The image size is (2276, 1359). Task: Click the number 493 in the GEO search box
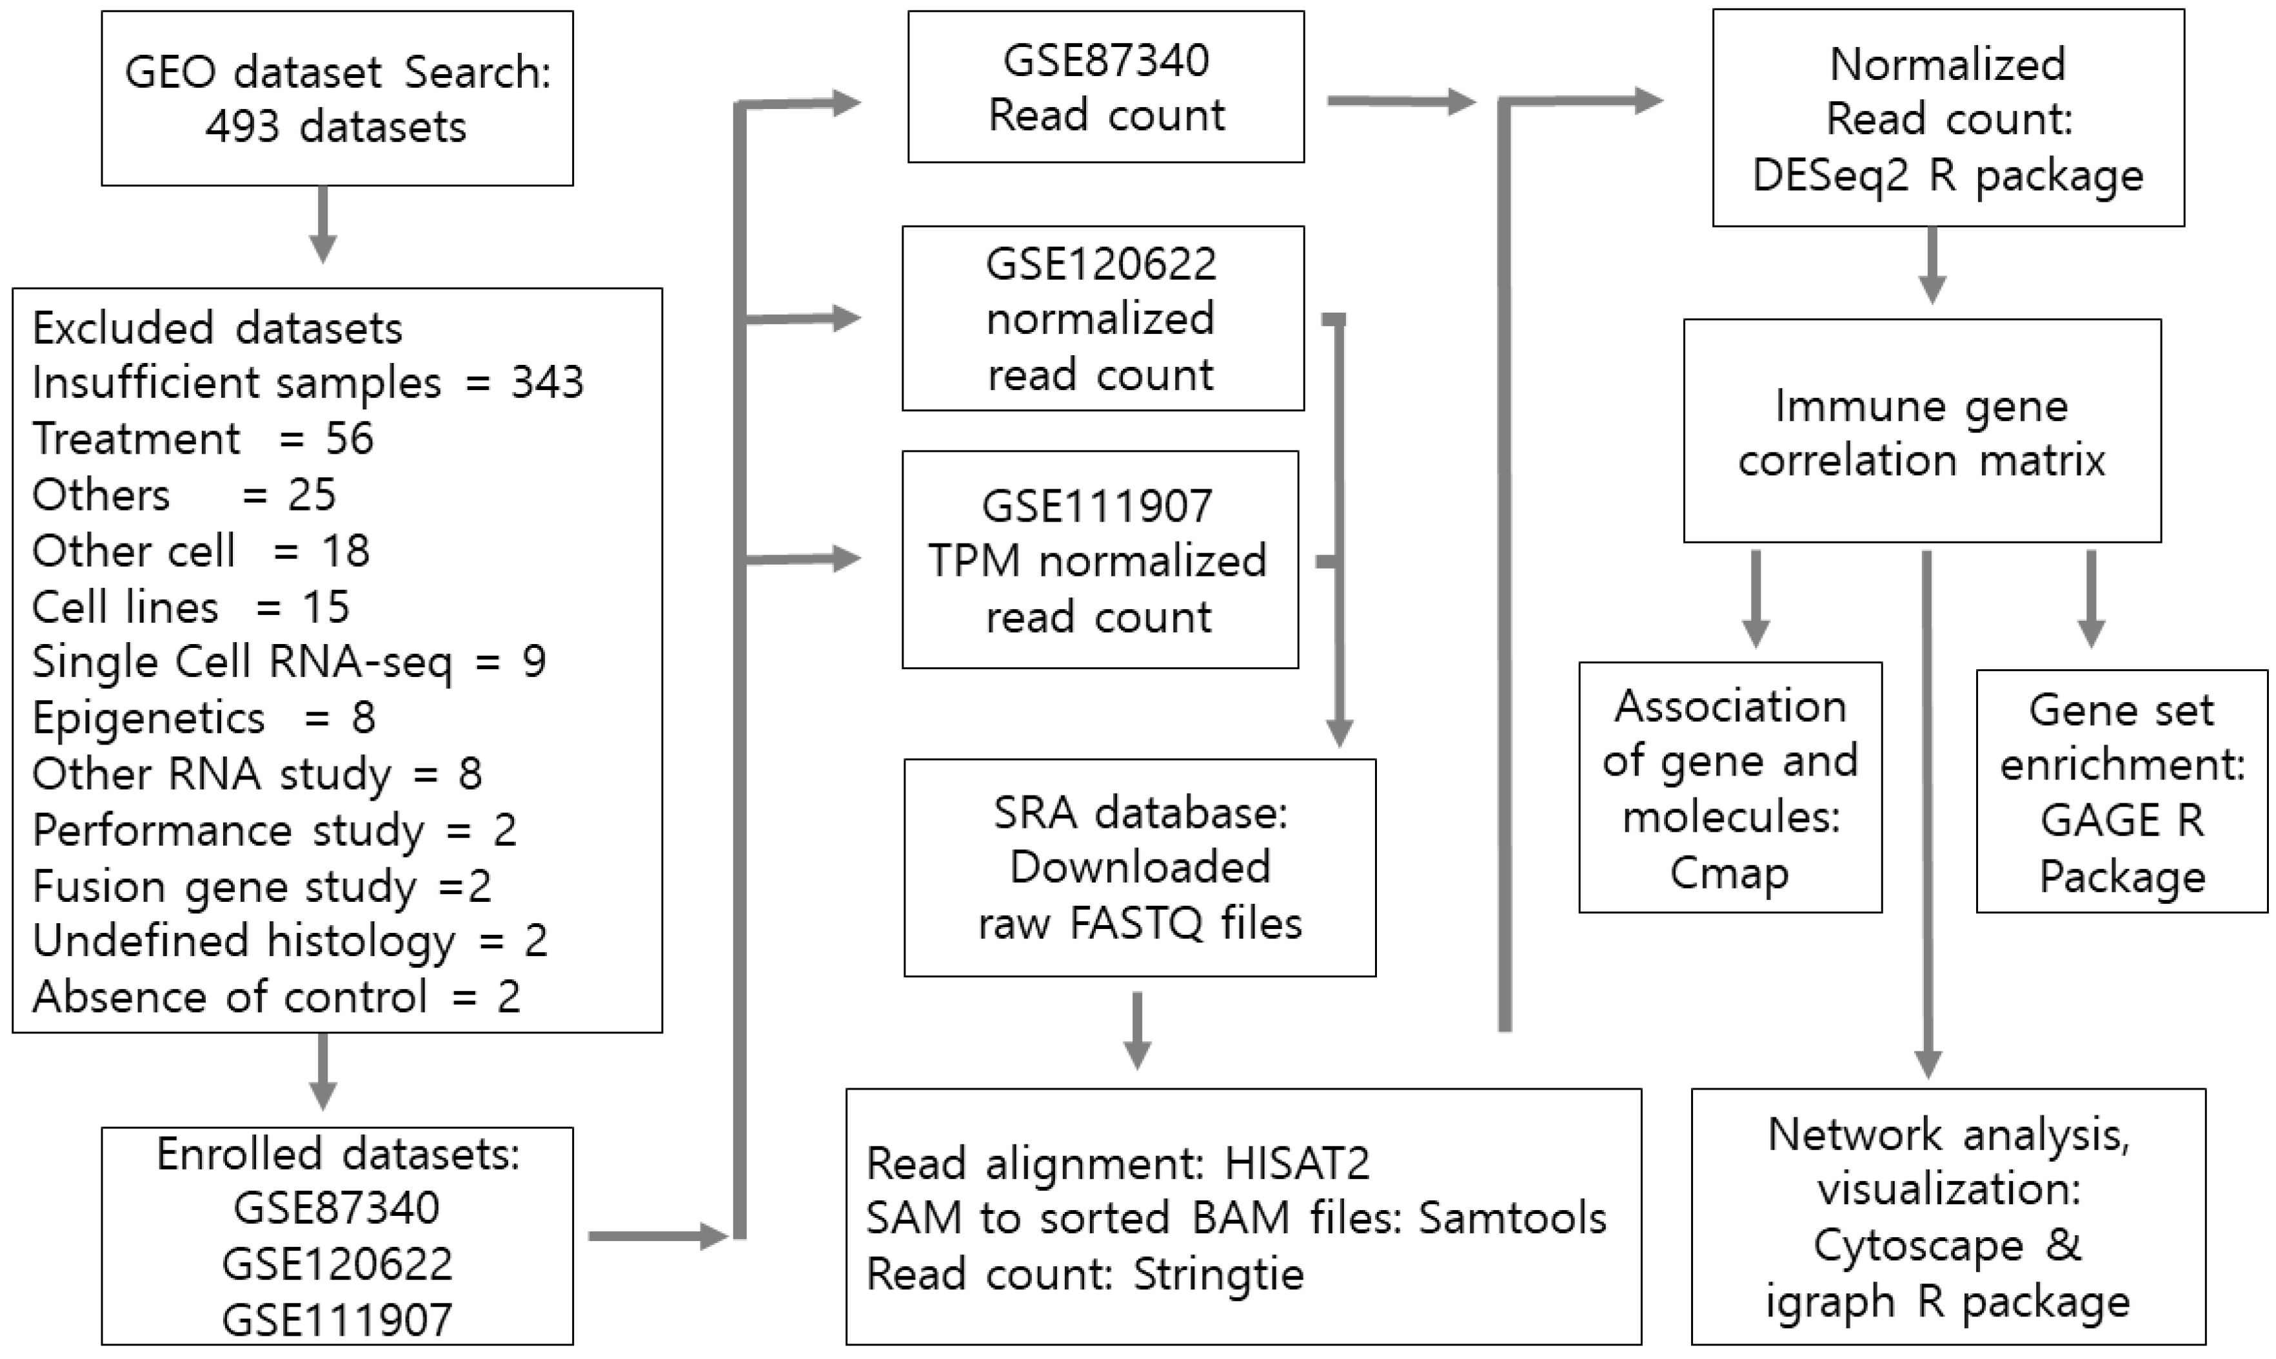point(242,126)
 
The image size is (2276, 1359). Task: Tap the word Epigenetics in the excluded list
point(148,718)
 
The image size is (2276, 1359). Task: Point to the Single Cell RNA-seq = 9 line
point(288,662)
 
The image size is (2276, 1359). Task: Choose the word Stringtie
point(1218,1274)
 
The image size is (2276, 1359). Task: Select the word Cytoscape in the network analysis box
point(1918,1246)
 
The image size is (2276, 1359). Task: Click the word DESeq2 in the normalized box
point(1830,175)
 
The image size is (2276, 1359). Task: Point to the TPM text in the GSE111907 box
point(974,560)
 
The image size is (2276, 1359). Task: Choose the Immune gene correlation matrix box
point(1921,431)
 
